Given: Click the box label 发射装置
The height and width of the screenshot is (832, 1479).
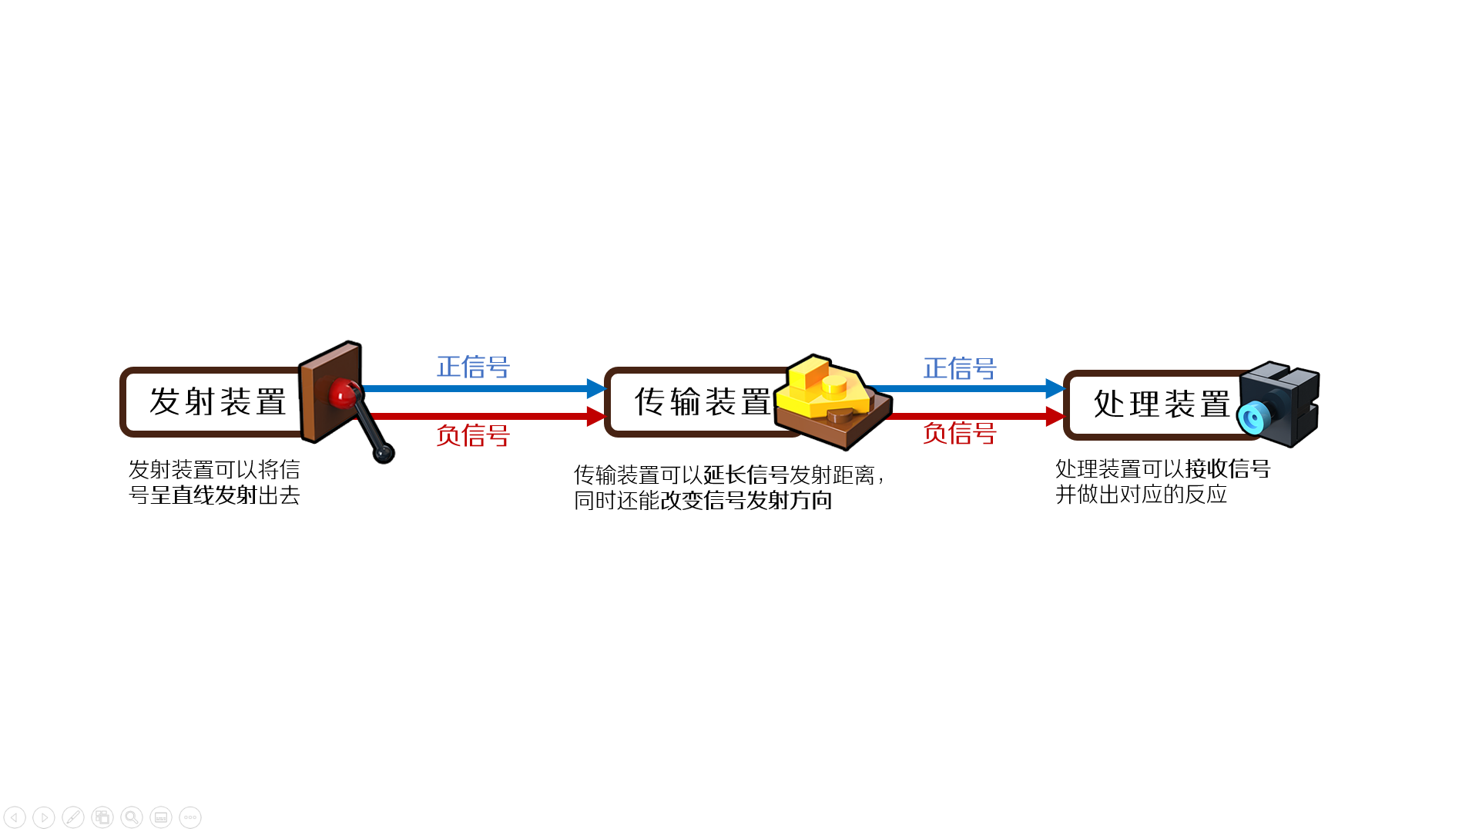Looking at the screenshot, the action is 218,402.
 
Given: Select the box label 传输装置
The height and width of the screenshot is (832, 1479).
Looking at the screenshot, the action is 703,402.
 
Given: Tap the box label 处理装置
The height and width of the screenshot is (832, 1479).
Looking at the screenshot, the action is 1162,404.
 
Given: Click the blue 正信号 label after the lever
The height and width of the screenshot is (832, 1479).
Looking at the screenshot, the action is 473,367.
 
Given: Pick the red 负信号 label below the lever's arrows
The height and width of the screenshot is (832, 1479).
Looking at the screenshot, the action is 473,435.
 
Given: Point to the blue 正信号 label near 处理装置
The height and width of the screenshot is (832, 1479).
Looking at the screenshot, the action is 960,368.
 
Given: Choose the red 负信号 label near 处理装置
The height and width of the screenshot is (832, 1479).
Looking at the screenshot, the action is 960,433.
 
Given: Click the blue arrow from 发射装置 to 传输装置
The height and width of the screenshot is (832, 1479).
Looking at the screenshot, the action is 484,388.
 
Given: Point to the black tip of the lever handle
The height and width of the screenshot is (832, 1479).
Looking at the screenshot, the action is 384,453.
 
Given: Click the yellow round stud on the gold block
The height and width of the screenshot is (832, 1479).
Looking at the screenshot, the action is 834,383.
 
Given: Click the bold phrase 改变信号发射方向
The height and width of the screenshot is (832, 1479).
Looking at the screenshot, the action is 746,500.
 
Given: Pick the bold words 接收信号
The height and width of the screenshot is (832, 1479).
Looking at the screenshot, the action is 1228,468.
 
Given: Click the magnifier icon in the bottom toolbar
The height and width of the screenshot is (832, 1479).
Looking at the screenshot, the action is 132,817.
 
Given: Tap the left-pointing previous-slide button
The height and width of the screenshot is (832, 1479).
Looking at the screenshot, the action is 15,817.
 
